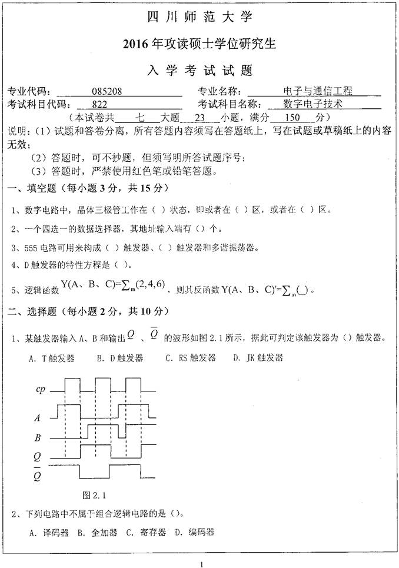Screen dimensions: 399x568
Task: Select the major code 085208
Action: click(x=107, y=92)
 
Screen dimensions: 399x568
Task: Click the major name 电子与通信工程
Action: click(x=318, y=92)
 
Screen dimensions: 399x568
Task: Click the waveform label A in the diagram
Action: click(x=38, y=418)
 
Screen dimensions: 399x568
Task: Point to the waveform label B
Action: click(x=38, y=438)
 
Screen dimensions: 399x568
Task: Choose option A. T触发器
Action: click(x=52, y=358)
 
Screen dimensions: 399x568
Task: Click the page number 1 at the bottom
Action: click(x=201, y=564)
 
